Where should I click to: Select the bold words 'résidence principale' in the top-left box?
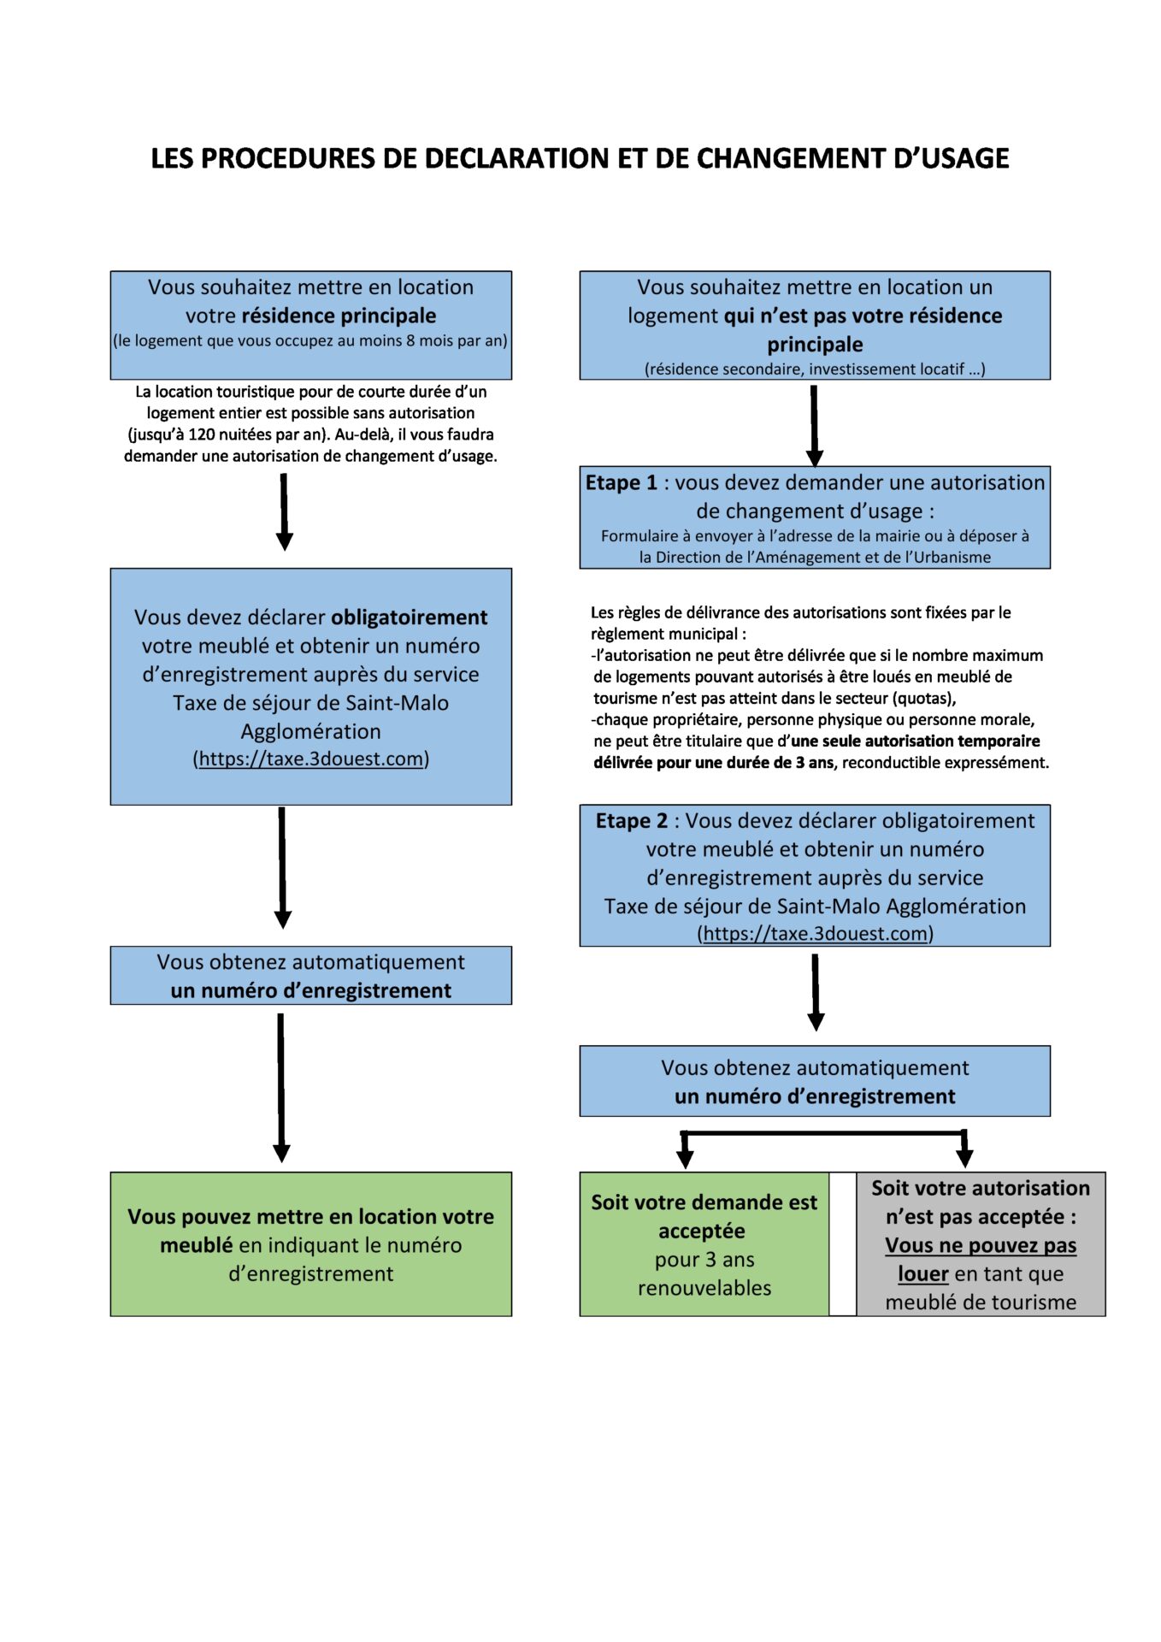pyautogui.click(x=339, y=316)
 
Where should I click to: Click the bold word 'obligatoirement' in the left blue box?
pyautogui.click(x=409, y=617)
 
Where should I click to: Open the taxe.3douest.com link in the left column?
pyautogui.click(x=311, y=759)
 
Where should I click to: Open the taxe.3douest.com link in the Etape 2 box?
pyautogui.click(x=816, y=933)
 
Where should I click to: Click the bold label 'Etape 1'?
pyautogui.click(x=622, y=482)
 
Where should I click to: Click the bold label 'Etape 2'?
pyautogui.click(x=632, y=821)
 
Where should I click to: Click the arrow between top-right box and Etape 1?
pyautogui.click(x=814, y=425)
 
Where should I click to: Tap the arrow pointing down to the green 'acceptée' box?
pyautogui.click(x=685, y=1149)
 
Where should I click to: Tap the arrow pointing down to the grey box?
pyautogui.click(x=964, y=1149)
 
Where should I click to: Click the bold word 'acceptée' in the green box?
pyautogui.click(x=702, y=1231)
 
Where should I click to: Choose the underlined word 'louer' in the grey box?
pyautogui.click(x=923, y=1273)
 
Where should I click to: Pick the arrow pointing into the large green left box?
pyautogui.click(x=281, y=1088)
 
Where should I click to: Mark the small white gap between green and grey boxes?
pyautogui.click(x=843, y=1243)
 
